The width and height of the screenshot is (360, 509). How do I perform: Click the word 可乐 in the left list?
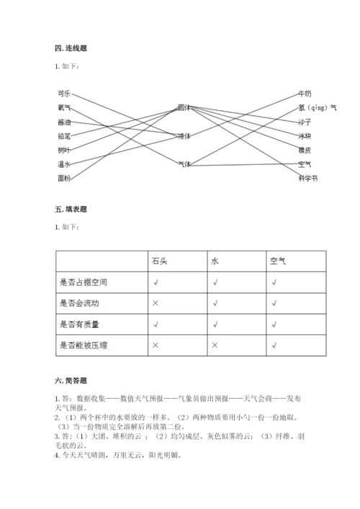(x=64, y=94)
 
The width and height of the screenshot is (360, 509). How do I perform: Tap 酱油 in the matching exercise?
(x=64, y=122)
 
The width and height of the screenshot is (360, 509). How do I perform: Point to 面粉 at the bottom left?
(x=64, y=178)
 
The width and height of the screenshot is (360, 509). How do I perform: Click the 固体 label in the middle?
(x=184, y=107)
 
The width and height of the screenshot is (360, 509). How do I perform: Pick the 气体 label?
(x=184, y=164)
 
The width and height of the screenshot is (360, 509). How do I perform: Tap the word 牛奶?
(x=305, y=94)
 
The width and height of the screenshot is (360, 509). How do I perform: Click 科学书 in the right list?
(x=307, y=178)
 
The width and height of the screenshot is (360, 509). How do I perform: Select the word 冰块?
(x=305, y=136)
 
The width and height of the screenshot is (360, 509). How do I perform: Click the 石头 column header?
(x=158, y=261)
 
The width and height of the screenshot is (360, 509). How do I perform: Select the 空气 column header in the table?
(x=278, y=261)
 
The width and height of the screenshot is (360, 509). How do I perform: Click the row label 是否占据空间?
(x=86, y=282)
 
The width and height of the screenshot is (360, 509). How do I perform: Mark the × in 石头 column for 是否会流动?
(x=156, y=304)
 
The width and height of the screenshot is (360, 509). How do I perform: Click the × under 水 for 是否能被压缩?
(x=215, y=346)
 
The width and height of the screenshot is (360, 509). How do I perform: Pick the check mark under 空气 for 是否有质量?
(x=274, y=325)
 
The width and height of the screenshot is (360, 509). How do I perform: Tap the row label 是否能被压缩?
(x=86, y=346)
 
